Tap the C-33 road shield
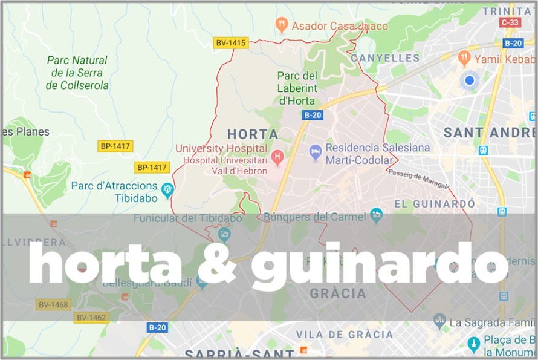tap(510, 22)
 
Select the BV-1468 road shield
tap(52, 304)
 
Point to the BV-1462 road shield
tap(91, 317)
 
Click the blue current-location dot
tap(469, 80)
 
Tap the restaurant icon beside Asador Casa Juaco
tap(281, 25)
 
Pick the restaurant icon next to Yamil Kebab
tap(464, 58)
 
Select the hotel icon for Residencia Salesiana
tap(315, 152)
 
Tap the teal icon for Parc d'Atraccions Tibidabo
tap(168, 190)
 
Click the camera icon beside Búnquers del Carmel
tap(377, 214)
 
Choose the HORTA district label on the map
tap(252, 134)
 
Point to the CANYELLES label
tap(385, 58)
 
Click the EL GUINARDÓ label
tap(434, 203)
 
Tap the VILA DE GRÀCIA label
tap(344, 334)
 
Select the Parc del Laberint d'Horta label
tap(296, 88)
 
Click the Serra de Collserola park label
tap(77, 73)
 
